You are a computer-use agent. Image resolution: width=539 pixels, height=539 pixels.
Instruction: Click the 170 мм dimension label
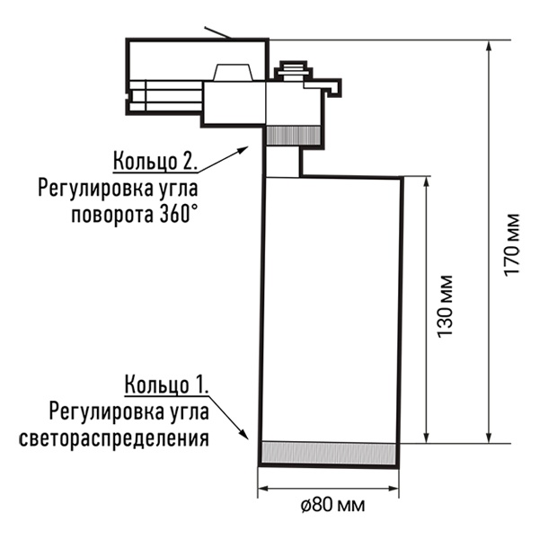[512, 244]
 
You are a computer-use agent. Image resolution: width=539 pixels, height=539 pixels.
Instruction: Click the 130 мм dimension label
[446, 306]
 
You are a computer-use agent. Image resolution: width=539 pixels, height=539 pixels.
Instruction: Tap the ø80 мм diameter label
[332, 505]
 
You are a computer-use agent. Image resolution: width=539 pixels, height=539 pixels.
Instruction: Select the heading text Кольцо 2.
[155, 161]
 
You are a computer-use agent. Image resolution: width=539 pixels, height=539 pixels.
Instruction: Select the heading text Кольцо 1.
[166, 384]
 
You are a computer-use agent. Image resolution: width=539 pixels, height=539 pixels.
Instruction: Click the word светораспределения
[114, 438]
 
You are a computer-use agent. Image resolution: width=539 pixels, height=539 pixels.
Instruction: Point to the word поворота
[112, 216]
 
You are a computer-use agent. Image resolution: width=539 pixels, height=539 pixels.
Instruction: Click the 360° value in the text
[179, 215]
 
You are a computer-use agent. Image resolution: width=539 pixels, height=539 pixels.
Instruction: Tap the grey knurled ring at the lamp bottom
[329, 453]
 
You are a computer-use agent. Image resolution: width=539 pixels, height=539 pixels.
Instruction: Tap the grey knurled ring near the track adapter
[294, 135]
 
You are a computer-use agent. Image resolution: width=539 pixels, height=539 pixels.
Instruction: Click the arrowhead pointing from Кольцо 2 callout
[243, 150]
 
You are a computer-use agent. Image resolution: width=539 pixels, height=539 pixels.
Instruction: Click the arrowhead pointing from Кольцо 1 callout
[243, 434]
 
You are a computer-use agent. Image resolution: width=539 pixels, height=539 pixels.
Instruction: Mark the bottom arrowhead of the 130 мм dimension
[427, 437]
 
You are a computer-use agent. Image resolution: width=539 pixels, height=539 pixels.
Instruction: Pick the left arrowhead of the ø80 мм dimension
[263, 489]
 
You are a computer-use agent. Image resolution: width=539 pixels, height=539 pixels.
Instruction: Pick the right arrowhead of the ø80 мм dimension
[393, 489]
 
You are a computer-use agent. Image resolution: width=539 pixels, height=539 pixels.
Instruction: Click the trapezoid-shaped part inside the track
[233, 73]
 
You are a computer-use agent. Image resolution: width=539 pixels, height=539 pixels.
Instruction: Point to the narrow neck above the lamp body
[283, 162]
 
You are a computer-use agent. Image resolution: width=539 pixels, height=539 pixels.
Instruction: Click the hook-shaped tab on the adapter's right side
[331, 87]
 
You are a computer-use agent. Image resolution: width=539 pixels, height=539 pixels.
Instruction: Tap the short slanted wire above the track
[218, 32]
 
